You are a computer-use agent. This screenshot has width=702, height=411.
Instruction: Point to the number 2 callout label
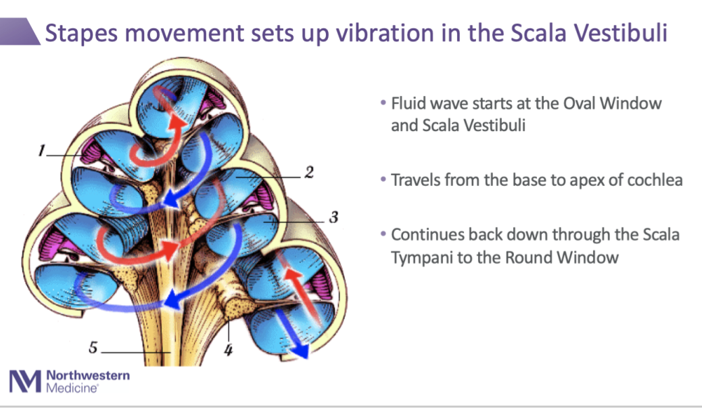(x=308, y=172)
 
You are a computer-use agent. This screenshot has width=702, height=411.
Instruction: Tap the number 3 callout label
(x=333, y=218)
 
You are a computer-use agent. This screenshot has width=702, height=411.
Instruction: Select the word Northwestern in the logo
(x=88, y=376)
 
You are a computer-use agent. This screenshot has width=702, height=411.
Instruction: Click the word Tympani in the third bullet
(x=421, y=257)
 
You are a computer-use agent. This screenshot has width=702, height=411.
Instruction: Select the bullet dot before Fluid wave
(x=383, y=105)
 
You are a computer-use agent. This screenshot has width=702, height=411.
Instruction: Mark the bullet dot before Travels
(x=383, y=181)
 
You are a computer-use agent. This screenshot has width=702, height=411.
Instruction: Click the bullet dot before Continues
(x=383, y=235)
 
